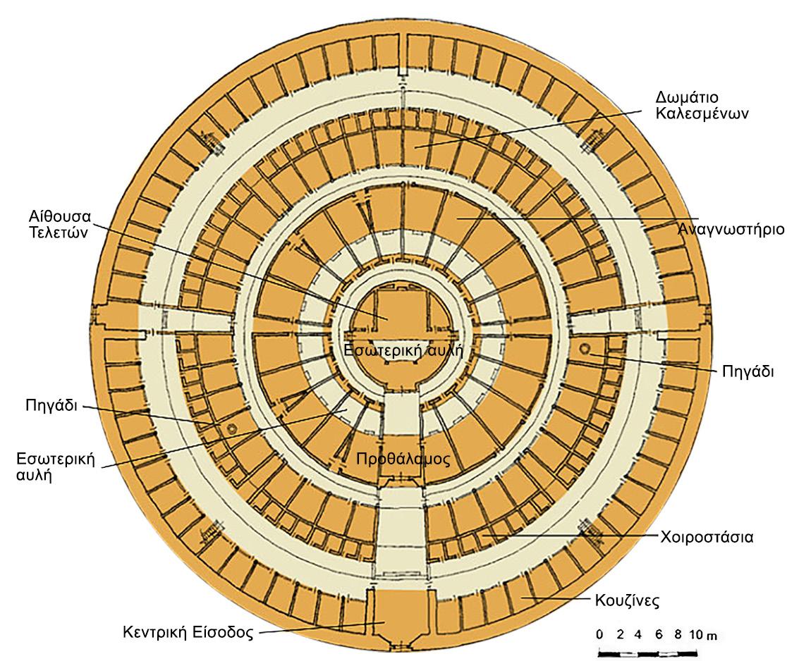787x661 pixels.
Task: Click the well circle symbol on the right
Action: tap(585, 349)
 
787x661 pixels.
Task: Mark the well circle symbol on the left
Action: tap(228, 429)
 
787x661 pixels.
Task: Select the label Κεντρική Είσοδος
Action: tap(190, 631)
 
